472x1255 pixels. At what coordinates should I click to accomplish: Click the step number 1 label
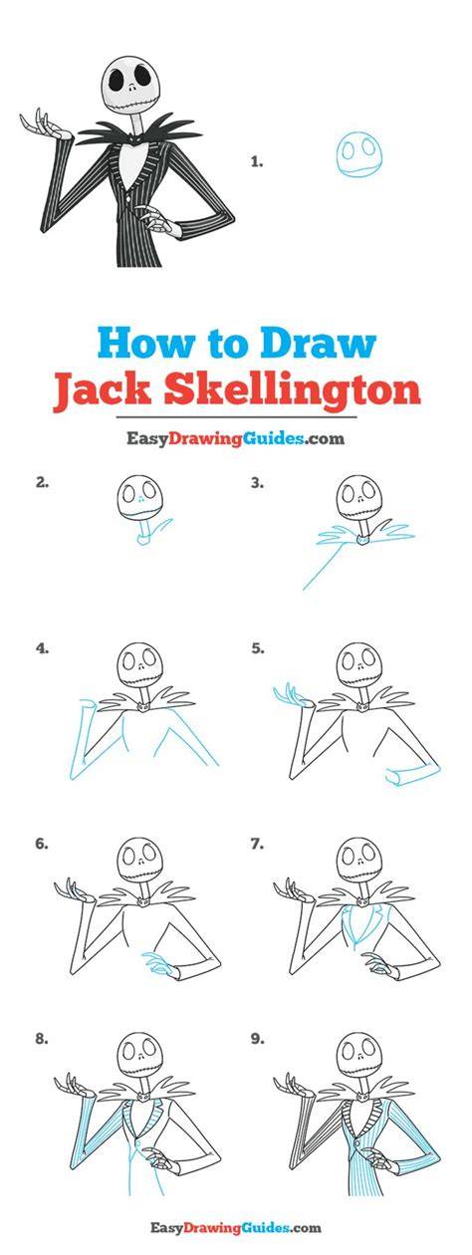257,162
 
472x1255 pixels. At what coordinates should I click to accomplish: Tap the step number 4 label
42,648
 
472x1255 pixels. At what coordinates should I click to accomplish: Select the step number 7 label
257,844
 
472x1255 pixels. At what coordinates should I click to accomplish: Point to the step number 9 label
257,1039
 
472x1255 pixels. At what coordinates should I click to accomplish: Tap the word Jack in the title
103,390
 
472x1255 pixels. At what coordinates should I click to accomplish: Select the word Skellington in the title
292,391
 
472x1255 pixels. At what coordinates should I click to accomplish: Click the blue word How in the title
145,343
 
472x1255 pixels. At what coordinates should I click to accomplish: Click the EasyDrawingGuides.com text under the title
235,438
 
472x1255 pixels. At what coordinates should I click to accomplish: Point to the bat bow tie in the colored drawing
134,136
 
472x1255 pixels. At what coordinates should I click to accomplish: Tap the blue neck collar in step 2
145,540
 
